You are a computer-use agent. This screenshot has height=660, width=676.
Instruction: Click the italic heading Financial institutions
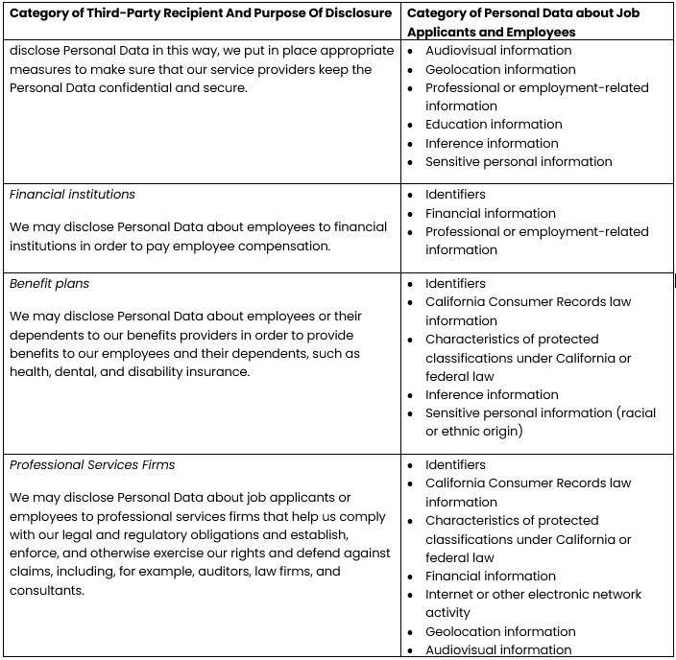(x=72, y=195)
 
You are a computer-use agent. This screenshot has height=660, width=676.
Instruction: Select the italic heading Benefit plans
(x=50, y=284)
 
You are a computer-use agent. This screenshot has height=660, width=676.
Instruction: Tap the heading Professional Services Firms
(x=92, y=465)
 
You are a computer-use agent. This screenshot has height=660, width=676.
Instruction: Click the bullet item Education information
(x=494, y=125)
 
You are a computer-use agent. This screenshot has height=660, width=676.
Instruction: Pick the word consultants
(x=46, y=590)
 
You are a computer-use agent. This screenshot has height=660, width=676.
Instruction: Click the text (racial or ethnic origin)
(x=541, y=422)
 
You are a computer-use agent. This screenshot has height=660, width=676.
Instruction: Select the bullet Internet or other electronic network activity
(x=533, y=603)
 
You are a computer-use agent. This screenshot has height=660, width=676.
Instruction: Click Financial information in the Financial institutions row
(x=490, y=213)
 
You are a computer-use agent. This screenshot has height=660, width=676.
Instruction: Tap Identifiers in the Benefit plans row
(x=455, y=284)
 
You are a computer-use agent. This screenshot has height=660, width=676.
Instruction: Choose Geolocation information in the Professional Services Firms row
(x=500, y=631)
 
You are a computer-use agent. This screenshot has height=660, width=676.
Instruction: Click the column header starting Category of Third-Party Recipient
(x=200, y=13)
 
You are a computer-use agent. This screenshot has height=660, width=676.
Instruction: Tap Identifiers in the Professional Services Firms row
(x=455, y=465)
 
